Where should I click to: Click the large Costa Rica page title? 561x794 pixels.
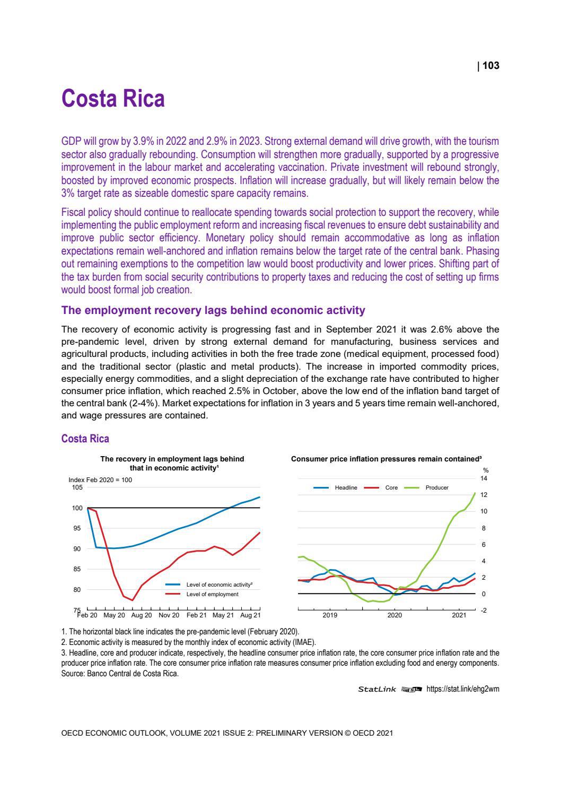point(113,99)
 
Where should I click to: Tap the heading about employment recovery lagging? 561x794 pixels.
point(213,310)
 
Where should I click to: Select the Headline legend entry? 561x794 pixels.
point(346,487)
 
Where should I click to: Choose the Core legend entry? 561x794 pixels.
point(391,487)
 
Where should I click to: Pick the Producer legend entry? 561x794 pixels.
point(437,487)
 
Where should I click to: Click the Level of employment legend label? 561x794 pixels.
point(212,594)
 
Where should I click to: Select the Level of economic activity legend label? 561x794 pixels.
point(219,584)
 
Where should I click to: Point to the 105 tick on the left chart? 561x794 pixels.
point(77,487)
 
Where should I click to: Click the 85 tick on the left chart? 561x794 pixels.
point(78,569)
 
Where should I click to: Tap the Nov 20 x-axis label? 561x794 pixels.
point(169,615)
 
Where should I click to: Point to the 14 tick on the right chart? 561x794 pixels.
point(484,478)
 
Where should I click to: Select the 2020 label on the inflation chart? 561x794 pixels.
point(395,615)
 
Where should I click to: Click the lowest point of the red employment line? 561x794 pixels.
point(133,600)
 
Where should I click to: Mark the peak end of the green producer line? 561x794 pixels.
point(475,493)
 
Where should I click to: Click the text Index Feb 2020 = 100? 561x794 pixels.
point(100,480)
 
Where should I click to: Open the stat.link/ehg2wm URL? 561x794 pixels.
point(462,689)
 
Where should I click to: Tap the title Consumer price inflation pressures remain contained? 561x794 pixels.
point(386,459)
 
